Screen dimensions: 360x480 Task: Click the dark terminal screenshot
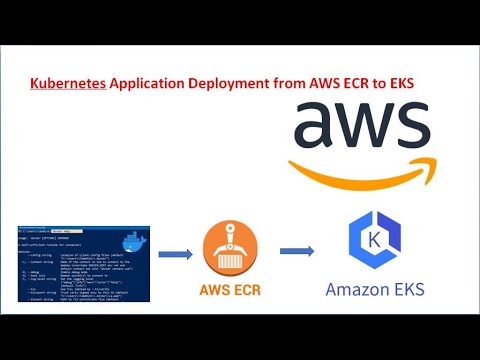point(80,263)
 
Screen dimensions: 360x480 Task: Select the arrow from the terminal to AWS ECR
point(176,253)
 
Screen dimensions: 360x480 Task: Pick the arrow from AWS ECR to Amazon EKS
point(297,251)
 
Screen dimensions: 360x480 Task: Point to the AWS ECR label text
point(237,293)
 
